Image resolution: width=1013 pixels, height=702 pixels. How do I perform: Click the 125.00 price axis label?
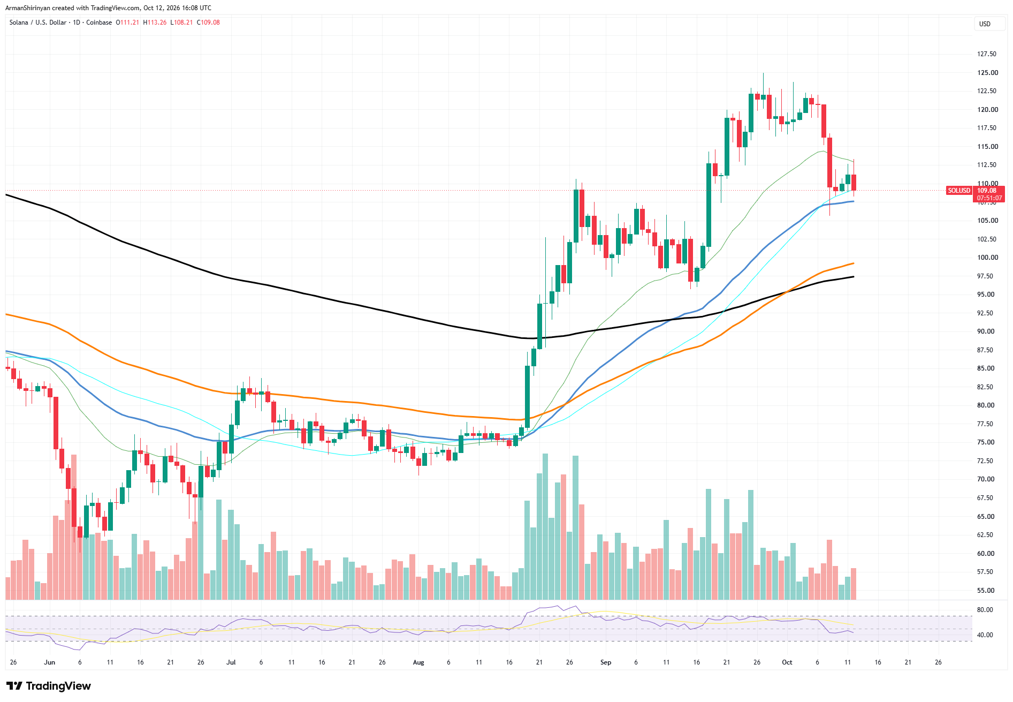(x=987, y=73)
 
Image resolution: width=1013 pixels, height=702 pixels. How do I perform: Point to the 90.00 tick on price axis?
(x=986, y=331)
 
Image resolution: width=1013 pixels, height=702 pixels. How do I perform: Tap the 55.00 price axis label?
(x=986, y=591)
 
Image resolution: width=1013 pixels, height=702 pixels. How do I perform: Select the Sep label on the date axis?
(x=606, y=662)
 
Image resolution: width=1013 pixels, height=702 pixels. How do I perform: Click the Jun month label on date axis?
(x=50, y=662)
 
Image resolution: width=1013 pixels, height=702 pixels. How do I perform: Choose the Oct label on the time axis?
(x=787, y=662)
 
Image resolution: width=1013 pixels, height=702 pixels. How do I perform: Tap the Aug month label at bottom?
(x=418, y=662)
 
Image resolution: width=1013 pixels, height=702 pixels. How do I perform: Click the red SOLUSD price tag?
(x=959, y=191)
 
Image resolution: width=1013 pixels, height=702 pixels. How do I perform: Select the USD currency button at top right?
(x=985, y=24)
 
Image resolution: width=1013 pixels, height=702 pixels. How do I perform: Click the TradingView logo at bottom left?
(x=49, y=686)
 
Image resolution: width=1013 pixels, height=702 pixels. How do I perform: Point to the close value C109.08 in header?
(x=208, y=22)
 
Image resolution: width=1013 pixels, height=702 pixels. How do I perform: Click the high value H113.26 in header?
(x=155, y=22)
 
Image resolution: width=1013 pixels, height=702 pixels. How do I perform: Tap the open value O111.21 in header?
(x=127, y=22)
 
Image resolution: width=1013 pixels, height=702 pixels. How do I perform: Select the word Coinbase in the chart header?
(x=99, y=22)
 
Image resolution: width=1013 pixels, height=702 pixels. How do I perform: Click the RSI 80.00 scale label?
(x=985, y=610)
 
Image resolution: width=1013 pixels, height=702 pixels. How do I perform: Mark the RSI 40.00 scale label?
(x=985, y=635)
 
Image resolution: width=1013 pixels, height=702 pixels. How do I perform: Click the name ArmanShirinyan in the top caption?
(x=28, y=8)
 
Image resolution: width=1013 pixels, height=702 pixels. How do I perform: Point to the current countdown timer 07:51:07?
(x=989, y=198)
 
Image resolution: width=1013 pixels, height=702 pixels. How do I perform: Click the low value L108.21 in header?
(x=181, y=22)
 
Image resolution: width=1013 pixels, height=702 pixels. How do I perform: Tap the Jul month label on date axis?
(x=231, y=662)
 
